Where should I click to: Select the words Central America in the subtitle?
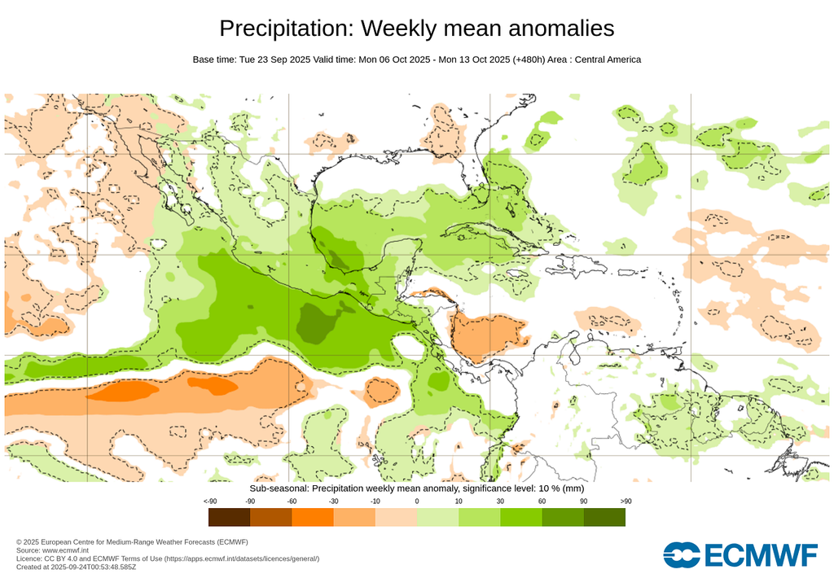608,59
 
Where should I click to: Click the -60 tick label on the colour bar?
291,501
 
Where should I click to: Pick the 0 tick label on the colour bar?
416,501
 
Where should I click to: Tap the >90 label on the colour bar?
625,501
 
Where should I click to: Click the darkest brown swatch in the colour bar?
229,517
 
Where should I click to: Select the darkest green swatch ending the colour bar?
604,517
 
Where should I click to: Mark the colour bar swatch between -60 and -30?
312,517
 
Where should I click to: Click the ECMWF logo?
740,554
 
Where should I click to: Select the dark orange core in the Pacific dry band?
122,391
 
